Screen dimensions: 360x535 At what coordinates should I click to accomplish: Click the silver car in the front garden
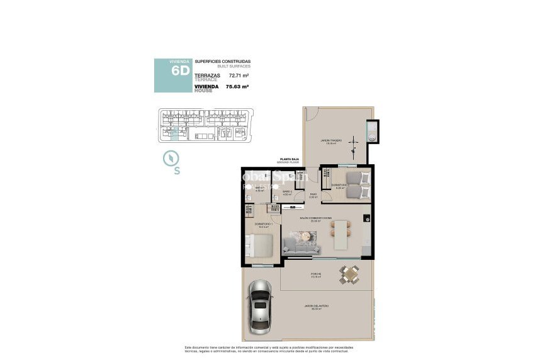click(261, 307)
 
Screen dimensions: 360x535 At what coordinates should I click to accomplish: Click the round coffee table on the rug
click(307, 235)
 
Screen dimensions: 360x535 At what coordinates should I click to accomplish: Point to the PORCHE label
click(316, 274)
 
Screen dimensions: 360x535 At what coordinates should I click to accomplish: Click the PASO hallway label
click(313, 194)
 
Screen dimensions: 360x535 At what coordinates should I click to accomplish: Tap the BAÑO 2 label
click(287, 192)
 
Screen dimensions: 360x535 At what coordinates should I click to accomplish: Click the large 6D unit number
click(180, 71)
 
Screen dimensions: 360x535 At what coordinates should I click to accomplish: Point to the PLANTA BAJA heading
click(290, 160)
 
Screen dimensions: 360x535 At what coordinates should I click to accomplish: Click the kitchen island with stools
click(341, 233)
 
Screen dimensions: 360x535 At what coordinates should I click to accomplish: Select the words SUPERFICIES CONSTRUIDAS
click(222, 61)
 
